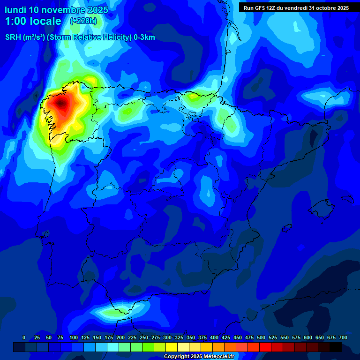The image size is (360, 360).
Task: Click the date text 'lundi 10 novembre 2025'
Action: (56, 10)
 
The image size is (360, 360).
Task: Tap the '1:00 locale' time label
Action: (33, 21)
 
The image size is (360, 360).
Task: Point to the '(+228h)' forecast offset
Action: (83, 21)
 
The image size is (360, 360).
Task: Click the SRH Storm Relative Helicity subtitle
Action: (80, 37)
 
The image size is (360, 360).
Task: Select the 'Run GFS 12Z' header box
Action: (296, 8)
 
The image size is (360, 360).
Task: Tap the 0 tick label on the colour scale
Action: (24, 338)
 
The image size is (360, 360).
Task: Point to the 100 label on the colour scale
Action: (73, 338)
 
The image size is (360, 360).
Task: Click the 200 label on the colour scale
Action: (120, 338)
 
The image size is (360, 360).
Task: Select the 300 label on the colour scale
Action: (167, 338)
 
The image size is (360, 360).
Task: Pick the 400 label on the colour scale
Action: (214, 338)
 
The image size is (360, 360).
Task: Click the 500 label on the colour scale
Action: (261, 338)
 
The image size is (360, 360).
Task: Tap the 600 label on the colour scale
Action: (308, 338)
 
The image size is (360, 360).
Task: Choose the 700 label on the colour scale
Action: (343, 338)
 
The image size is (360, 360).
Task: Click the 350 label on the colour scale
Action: (191, 338)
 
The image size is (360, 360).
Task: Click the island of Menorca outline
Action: (347, 199)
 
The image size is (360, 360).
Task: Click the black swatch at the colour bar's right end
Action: (336, 347)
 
